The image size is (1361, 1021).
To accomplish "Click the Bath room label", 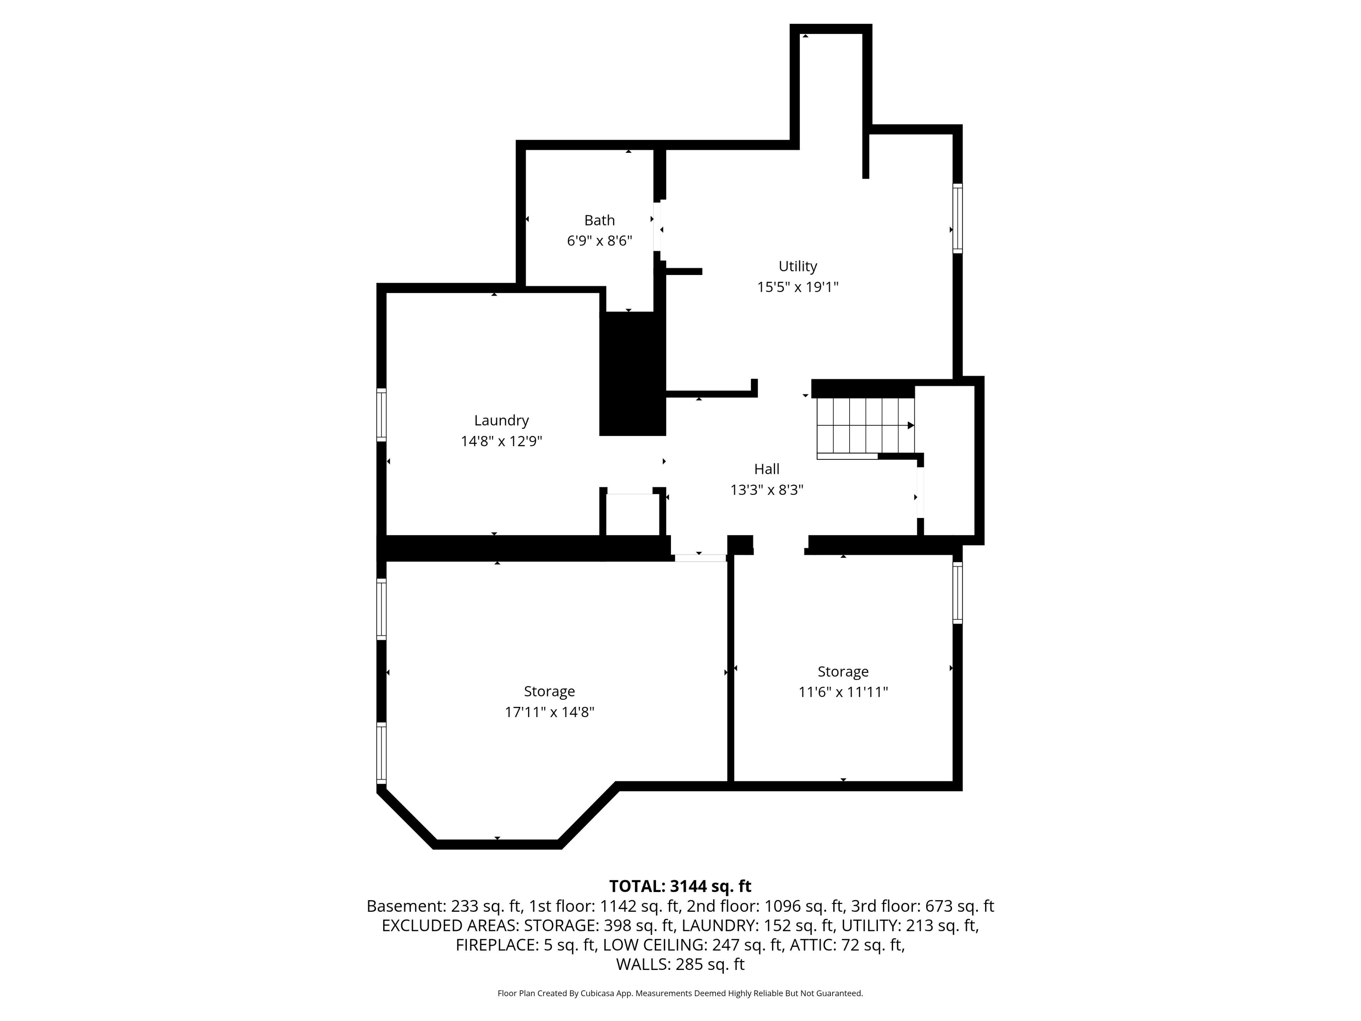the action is click(599, 220).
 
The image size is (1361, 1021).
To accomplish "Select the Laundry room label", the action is click(502, 420).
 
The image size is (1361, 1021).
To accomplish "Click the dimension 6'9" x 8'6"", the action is click(599, 241).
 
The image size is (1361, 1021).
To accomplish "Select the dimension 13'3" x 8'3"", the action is click(767, 490).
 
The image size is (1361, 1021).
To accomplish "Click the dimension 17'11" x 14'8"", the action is click(549, 712).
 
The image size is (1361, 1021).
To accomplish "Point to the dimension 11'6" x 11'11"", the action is click(843, 692).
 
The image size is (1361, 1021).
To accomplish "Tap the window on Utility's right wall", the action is click(957, 218).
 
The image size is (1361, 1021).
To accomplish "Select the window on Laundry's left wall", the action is click(381, 415).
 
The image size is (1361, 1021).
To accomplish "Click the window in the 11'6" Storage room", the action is click(957, 593).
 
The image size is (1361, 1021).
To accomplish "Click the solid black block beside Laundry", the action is click(633, 374).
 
